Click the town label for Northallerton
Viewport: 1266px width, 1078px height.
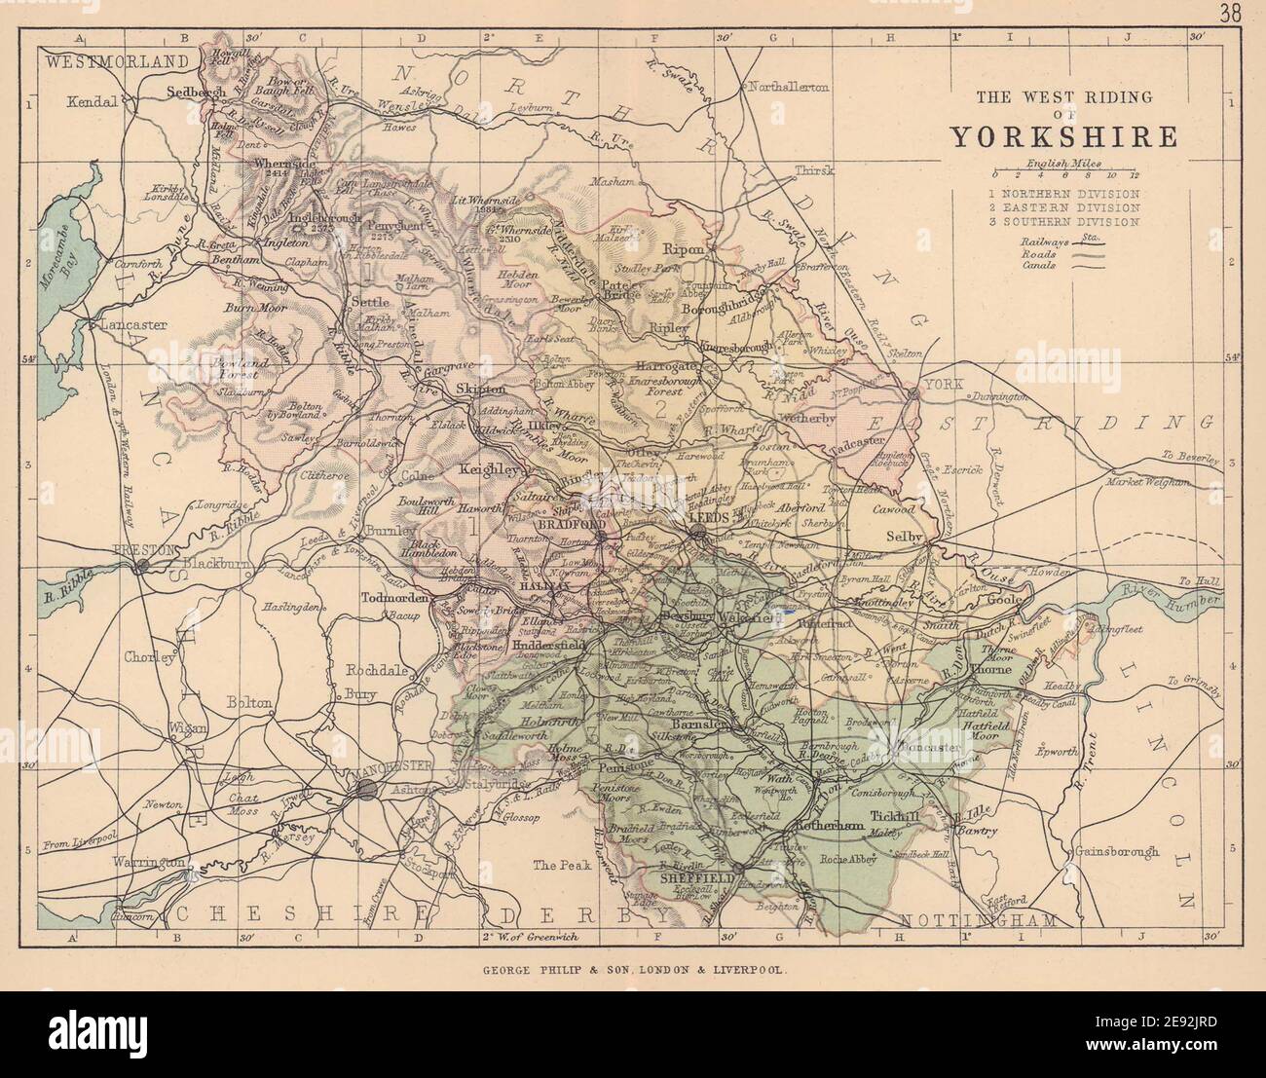[789, 87]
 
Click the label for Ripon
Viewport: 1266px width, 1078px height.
[683, 249]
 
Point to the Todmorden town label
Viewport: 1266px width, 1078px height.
[394, 599]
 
